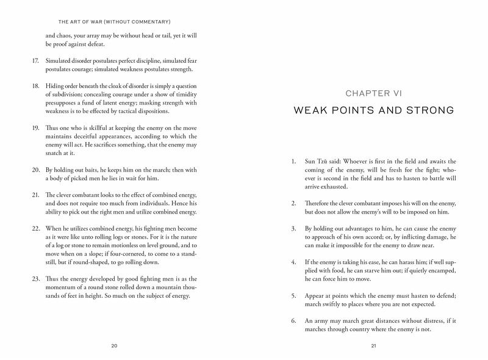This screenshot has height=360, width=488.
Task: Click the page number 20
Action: (x=114, y=346)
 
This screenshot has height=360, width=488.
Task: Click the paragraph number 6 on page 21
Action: (x=294, y=321)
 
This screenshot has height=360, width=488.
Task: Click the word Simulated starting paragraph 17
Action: (x=59, y=61)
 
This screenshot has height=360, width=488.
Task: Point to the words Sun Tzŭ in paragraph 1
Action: (x=315, y=162)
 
